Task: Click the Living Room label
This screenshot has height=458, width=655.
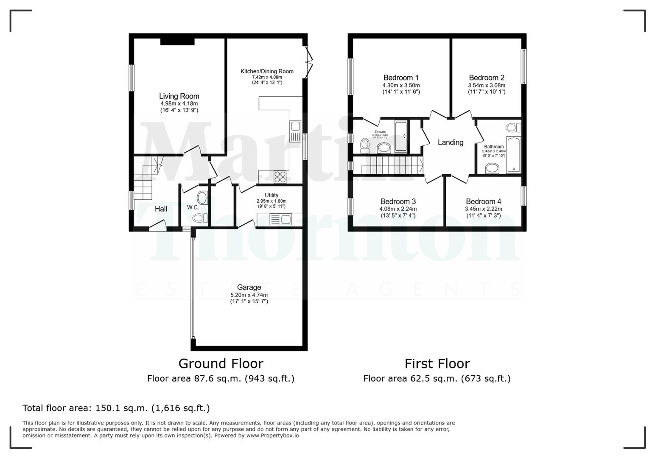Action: [179, 96]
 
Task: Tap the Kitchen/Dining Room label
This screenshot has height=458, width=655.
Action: [267, 71]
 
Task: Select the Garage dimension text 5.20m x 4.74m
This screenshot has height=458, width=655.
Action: [249, 295]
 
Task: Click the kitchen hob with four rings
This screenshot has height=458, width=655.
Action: [280, 177]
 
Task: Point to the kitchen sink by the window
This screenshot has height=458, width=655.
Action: [295, 131]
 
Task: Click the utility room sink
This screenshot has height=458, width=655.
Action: [280, 220]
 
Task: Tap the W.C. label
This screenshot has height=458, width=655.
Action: [193, 207]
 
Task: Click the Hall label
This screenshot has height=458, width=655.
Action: [161, 209]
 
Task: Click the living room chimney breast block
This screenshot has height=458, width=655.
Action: [177, 41]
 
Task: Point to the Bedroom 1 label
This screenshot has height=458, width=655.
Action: [401, 78]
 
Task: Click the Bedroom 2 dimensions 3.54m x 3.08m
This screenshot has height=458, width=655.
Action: [487, 85]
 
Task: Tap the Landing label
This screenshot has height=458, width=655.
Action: [451, 142]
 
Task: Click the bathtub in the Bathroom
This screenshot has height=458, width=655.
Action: [513, 155]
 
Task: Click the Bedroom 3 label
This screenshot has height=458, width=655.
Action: [398, 201]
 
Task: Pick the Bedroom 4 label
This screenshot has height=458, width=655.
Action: [483, 201]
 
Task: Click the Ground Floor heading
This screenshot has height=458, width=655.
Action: [221, 363]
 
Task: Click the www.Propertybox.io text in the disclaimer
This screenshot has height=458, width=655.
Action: [272, 436]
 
